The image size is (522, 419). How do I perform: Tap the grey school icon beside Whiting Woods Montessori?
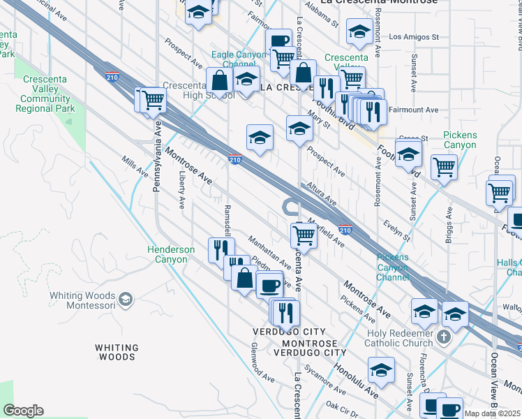coord(125,300)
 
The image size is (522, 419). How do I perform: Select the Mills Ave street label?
coord(135,166)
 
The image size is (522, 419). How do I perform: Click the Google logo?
coord(24,411)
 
